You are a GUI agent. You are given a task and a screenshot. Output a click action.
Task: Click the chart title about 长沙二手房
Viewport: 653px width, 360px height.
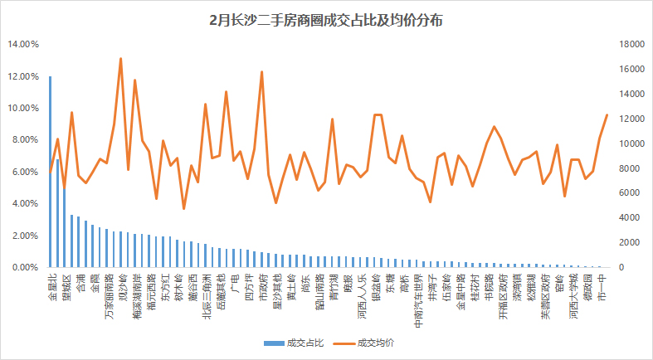click(325, 20)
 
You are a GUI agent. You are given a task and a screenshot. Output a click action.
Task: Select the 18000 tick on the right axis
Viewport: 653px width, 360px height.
click(624, 44)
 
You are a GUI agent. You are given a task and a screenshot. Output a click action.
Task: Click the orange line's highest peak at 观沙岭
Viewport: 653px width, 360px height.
click(121, 59)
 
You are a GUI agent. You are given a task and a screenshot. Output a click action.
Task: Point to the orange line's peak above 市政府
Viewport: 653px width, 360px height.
click(261, 72)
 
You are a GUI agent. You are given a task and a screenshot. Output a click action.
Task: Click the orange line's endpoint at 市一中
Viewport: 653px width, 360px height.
click(607, 114)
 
